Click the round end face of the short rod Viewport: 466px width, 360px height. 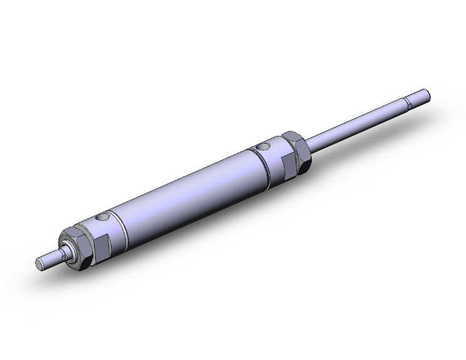click(39, 264)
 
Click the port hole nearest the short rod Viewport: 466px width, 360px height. click(103, 219)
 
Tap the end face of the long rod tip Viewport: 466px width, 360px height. click(428, 95)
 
